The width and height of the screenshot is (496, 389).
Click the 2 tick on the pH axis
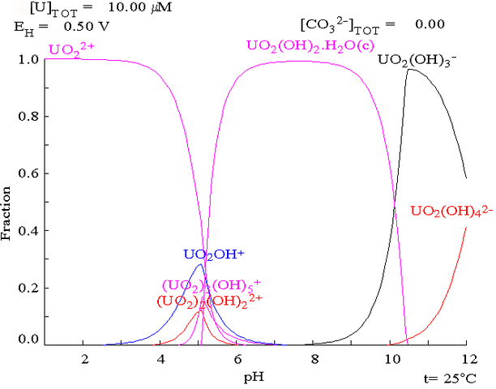click(x=83, y=359)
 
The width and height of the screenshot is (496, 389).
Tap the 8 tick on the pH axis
click(x=314, y=359)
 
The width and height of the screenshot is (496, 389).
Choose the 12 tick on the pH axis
click(x=466, y=359)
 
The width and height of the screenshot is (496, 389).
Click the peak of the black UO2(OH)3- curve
click(x=411, y=70)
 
